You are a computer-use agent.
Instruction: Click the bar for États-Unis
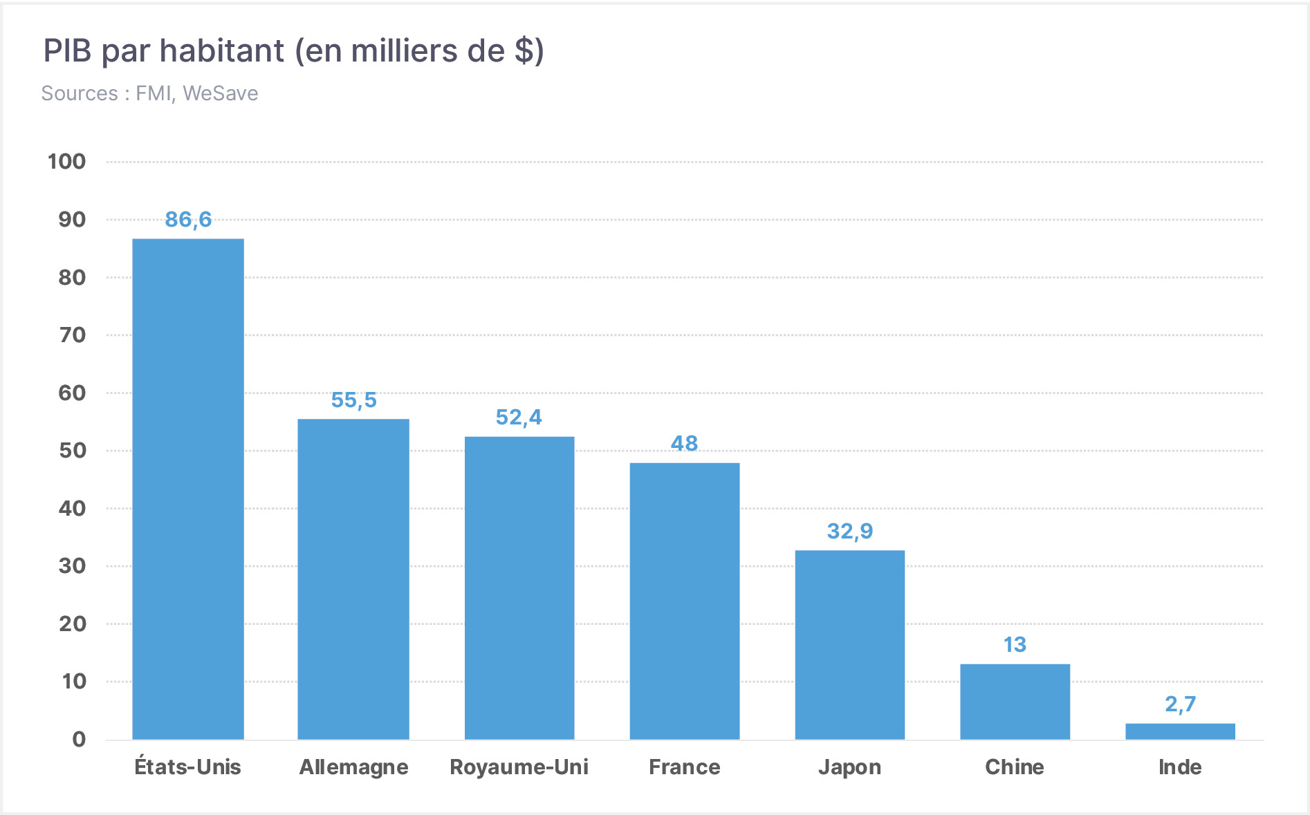tap(188, 489)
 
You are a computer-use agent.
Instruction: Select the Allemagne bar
tap(353, 579)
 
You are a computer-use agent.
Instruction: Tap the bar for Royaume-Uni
tap(519, 588)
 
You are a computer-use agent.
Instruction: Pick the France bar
tap(685, 601)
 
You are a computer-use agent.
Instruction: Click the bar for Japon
tap(850, 645)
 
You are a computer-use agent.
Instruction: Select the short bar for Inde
tap(1181, 731)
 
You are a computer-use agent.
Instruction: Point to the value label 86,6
tap(188, 220)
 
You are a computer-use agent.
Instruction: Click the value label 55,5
tap(353, 400)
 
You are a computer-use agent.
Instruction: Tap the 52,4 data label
tap(519, 418)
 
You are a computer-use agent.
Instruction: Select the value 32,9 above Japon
tap(850, 532)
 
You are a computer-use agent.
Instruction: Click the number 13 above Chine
tap(1015, 645)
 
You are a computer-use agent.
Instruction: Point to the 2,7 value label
tap(1180, 704)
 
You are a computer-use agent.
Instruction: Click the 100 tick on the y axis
tap(66, 162)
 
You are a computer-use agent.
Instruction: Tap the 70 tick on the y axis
tap(72, 335)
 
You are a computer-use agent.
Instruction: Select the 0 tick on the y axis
tap(79, 740)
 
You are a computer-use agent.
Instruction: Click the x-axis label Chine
tap(1015, 767)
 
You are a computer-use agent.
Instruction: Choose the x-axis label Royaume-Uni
tap(519, 767)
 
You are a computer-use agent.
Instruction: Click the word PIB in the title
tap(68, 50)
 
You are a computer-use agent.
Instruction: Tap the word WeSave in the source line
tap(221, 93)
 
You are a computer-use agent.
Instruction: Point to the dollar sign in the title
tap(524, 50)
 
